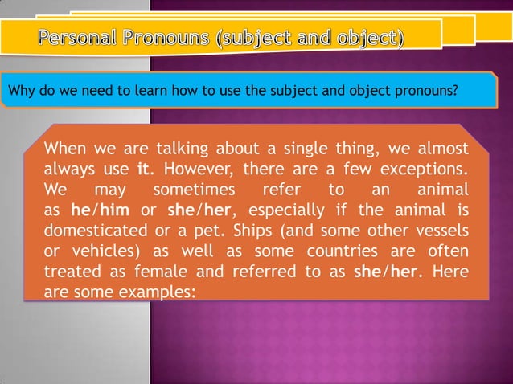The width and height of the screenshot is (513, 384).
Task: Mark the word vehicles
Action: coord(101,252)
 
